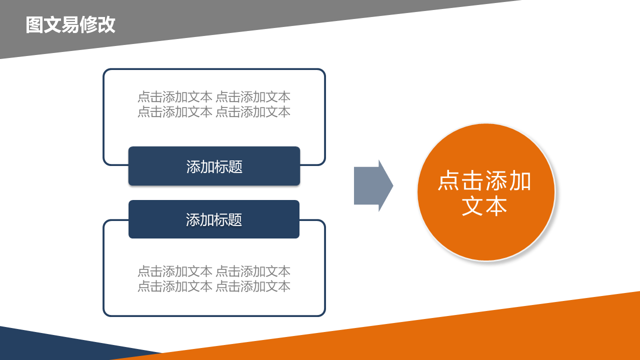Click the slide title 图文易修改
tap(70, 25)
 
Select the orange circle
tap(486, 192)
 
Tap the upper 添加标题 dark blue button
tap(214, 166)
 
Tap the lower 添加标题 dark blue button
tap(214, 219)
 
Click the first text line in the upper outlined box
tap(214, 97)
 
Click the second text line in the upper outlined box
tap(214, 111)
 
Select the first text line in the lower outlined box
tap(214, 271)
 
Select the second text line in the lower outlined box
tap(214, 286)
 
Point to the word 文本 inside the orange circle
tap(484, 205)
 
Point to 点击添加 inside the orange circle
tap(484, 180)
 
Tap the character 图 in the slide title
tap(34, 25)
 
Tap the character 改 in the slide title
tap(106, 25)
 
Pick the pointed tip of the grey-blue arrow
tap(393, 185)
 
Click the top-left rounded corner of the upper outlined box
tap(105, 71)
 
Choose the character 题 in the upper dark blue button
tap(235, 166)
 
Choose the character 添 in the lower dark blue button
tap(193, 219)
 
